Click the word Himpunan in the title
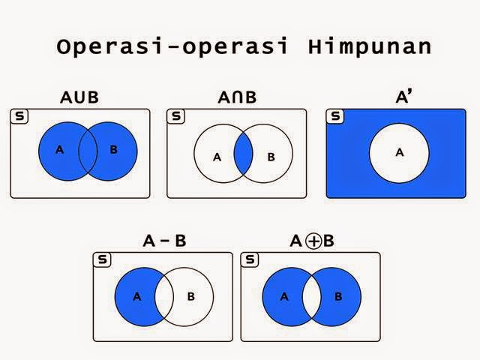coord(369,46)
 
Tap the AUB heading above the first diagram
coord(79,97)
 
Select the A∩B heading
coord(236,97)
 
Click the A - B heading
coord(164,241)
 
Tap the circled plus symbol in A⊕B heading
coord(313,241)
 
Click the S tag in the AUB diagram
coord(19,116)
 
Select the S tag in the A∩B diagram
coord(175,116)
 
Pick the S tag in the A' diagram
coord(335,116)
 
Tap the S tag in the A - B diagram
coord(101,259)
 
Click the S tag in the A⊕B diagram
coord(250,259)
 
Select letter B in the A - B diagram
coord(190,296)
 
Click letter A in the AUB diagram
coord(60,149)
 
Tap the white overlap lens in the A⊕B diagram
coord(311,295)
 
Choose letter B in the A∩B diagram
coord(271,157)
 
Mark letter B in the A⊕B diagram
coord(338,296)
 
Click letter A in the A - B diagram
coord(136,296)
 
